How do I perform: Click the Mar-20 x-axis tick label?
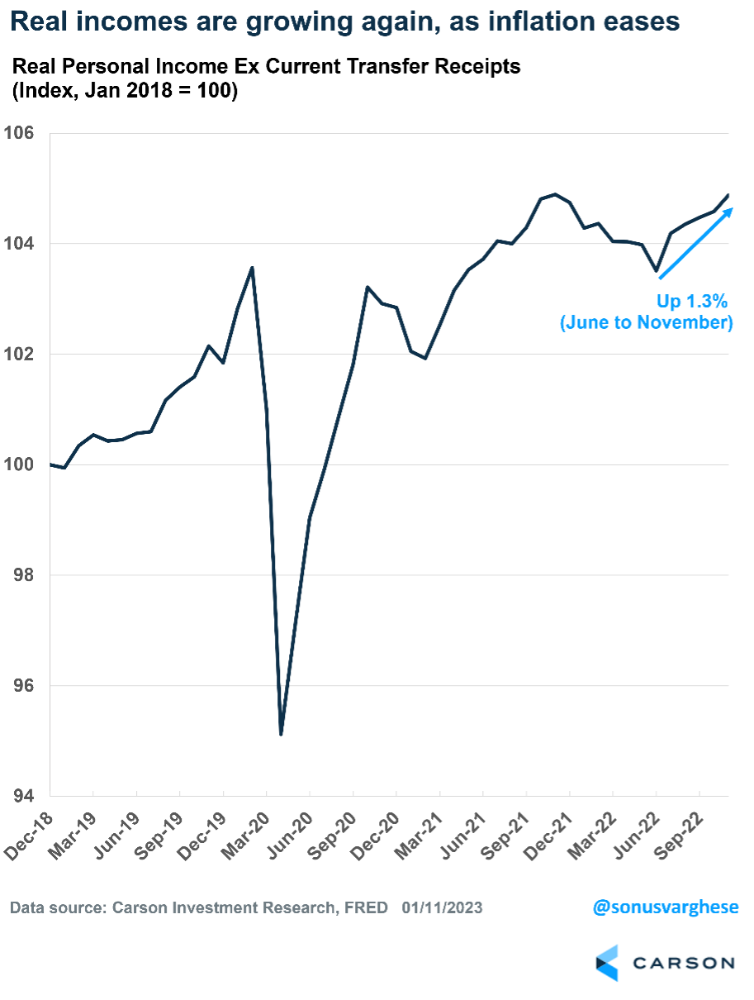click(x=244, y=831)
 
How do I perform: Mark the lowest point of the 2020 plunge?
click(x=282, y=734)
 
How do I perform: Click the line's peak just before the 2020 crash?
click(x=252, y=267)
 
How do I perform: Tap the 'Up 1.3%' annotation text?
click(x=691, y=301)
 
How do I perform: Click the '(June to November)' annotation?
click(x=647, y=322)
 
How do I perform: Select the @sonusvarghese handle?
click(x=666, y=907)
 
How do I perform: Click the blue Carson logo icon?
click(x=607, y=963)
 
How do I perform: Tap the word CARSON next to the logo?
click(x=684, y=964)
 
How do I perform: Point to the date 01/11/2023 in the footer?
click(x=443, y=907)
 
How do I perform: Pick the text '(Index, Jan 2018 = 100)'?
click(x=124, y=93)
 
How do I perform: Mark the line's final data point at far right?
click(x=728, y=195)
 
